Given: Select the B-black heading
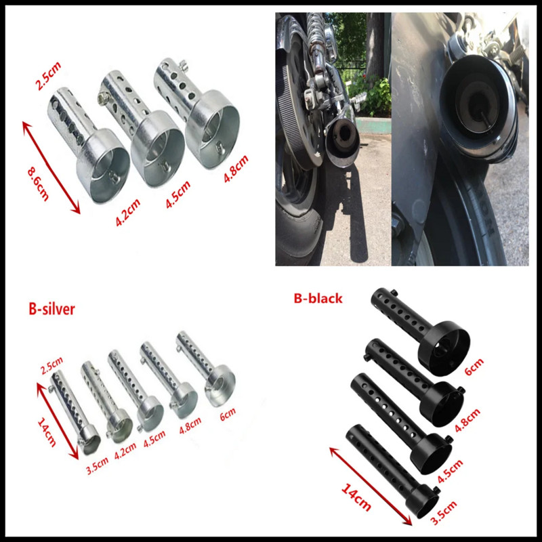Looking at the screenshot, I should pyautogui.click(x=318, y=297).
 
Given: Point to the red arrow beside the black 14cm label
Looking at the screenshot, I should pyautogui.click(x=370, y=484).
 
